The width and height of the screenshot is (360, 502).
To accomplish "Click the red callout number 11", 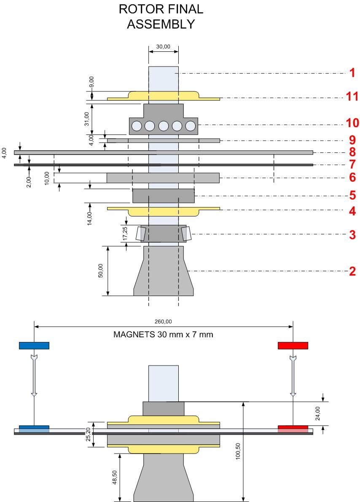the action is [x=352, y=96].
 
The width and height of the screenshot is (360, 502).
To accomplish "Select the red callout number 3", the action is [x=352, y=235].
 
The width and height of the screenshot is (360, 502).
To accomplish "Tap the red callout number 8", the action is [x=352, y=152].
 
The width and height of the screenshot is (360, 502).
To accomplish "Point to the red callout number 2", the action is [x=352, y=271].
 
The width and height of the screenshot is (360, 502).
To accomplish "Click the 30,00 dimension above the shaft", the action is [x=163, y=47].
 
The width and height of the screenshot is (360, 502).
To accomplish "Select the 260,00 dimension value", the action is [x=163, y=321].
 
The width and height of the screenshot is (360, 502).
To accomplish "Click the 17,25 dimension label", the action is [x=125, y=233].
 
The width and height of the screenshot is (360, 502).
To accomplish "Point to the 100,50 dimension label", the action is [x=238, y=451].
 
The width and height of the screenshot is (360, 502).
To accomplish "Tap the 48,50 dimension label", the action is [x=115, y=477].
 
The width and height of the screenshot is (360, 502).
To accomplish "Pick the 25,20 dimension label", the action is [x=88, y=435].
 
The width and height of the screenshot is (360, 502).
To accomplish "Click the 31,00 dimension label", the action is [x=87, y=119].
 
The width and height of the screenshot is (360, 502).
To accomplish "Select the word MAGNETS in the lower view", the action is [x=134, y=334].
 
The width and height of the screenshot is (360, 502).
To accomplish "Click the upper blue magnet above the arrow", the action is [x=34, y=345].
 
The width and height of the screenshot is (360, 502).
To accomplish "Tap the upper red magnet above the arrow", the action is [x=293, y=345].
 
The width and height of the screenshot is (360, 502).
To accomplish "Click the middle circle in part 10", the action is [x=164, y=126].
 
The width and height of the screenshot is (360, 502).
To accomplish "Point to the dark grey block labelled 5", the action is [x=164, y=195].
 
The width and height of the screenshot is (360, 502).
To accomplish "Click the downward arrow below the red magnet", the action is [x=293, y=376].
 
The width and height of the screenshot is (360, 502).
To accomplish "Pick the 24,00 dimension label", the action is [x=317, y=413].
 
